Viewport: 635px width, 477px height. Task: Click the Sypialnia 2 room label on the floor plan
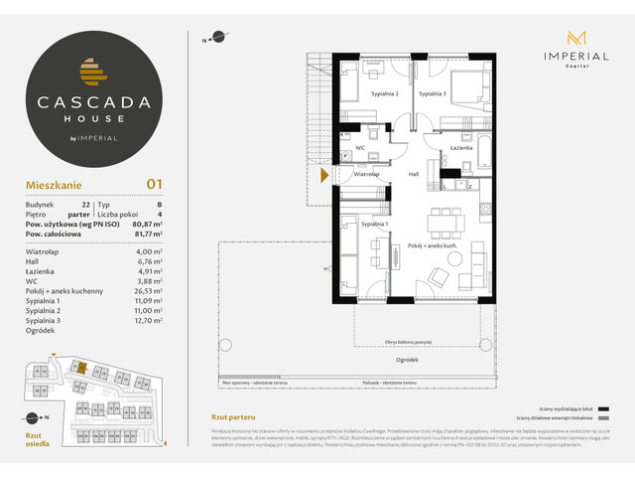coord(385,93)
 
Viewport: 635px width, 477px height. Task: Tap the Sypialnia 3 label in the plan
coord(432,93)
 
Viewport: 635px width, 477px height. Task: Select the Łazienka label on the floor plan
coord(459,148)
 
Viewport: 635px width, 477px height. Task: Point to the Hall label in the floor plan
coord(415,174)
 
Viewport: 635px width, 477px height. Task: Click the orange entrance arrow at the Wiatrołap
coord(325,177)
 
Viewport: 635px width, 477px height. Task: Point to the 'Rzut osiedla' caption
coord(36,439)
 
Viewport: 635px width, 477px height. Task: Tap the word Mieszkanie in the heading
coord(55,184)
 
